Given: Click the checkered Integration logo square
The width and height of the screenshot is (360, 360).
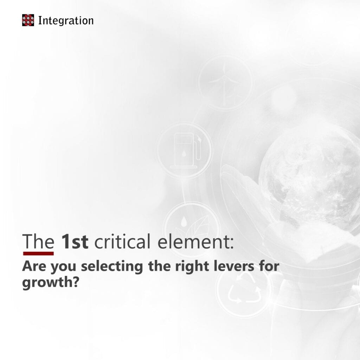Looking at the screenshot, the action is [28, 20].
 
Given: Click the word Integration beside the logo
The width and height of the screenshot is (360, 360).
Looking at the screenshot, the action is [66, 21].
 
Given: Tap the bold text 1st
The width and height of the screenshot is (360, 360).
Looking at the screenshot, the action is [75, 242].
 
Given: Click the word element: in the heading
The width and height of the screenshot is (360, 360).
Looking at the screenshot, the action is [195, 242].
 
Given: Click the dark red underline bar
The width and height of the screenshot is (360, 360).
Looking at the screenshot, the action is [38, 253].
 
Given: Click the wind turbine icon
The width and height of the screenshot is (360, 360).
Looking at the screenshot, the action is [225, 83].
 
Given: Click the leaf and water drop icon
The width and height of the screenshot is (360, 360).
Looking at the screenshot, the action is [192, 229].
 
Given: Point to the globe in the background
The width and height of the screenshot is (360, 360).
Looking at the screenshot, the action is [312, 179].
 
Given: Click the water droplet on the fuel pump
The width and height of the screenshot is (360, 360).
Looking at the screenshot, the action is [184, 153].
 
